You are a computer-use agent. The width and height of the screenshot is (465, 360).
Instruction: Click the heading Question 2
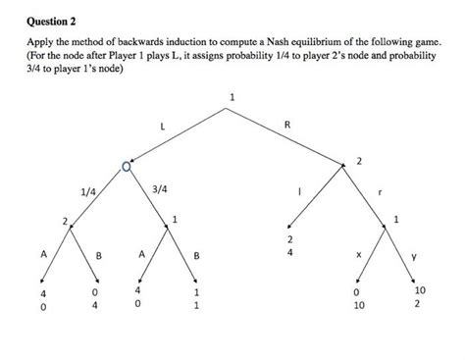pos(48,18)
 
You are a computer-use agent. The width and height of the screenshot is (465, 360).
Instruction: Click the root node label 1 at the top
pos(232,96)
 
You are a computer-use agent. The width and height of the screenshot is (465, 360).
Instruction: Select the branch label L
pos(163,127)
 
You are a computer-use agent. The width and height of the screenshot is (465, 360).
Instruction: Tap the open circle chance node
pos(126,171)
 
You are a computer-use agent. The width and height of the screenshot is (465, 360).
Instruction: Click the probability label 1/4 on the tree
pos(87,191)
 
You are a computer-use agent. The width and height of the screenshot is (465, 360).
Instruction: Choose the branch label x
pos(358,253)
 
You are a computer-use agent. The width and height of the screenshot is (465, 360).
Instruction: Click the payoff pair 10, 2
pos(421,296)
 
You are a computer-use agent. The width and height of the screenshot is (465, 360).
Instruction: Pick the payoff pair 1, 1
pos(197,298)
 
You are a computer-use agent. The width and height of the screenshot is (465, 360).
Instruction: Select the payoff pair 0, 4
pos(95,298)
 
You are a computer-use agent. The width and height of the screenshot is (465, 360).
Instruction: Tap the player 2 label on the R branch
pos(359,159)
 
